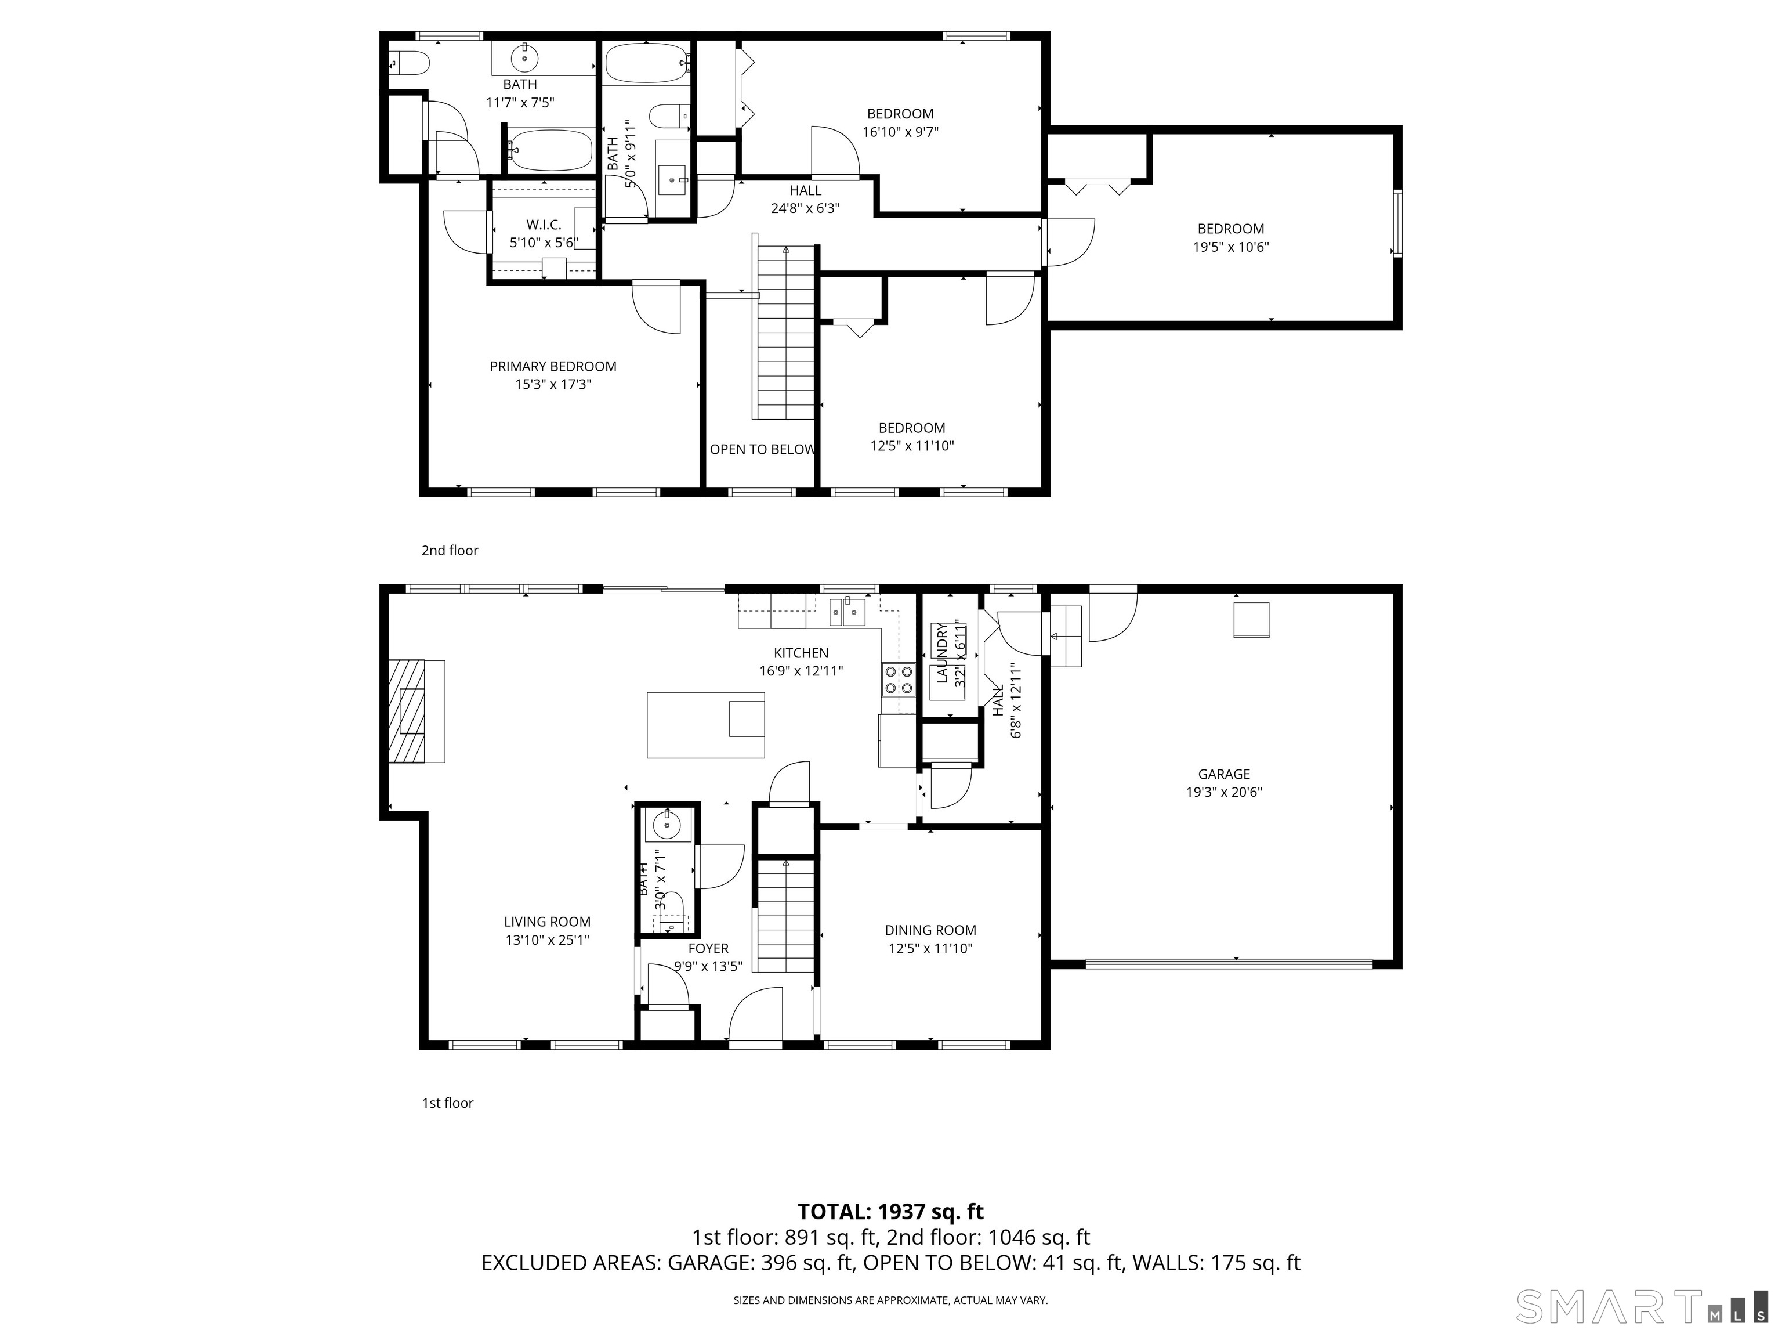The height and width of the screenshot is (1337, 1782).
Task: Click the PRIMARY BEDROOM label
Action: (x=553, y=367)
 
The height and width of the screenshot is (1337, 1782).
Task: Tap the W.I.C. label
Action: (x=543, y=225)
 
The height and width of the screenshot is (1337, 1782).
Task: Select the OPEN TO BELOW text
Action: (x=761, y=450)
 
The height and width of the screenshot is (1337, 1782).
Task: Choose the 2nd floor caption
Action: (x=450, y=551)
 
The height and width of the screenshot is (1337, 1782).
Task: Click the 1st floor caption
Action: (x=447, y=1103)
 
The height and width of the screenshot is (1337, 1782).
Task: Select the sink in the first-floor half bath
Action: (x=667, y=825)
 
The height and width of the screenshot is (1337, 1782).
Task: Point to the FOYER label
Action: (x=708, y=949)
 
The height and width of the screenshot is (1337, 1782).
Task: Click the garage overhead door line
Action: (x=1228, y=963)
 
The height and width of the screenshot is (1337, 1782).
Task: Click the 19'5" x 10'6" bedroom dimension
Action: (x=1230, y=247)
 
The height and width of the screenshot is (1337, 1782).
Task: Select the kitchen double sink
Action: (x=844, y=612)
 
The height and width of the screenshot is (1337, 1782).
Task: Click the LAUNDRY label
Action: (x=941, y=653)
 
